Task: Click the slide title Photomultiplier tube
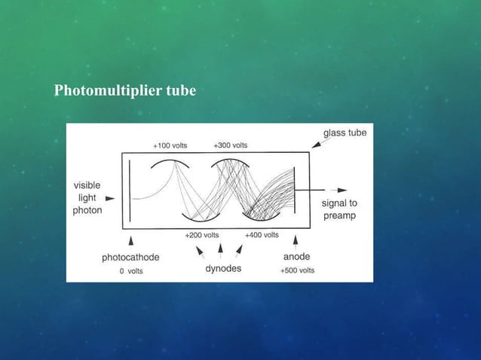point(125,91)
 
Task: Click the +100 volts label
point(170,145)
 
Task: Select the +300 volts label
point(231,145)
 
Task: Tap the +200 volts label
point(201,235)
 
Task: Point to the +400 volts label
point(262,235)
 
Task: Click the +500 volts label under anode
point(297,270)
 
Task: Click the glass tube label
point(345,133)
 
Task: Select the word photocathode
point(130,257)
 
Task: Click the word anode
point(296,257)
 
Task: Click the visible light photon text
point(87,197)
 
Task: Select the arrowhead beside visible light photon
point(110,198)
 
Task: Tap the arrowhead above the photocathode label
point(132,240)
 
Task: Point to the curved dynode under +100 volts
point(170,161)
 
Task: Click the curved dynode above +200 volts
point(201,219)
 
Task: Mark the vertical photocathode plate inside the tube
point(130,197)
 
